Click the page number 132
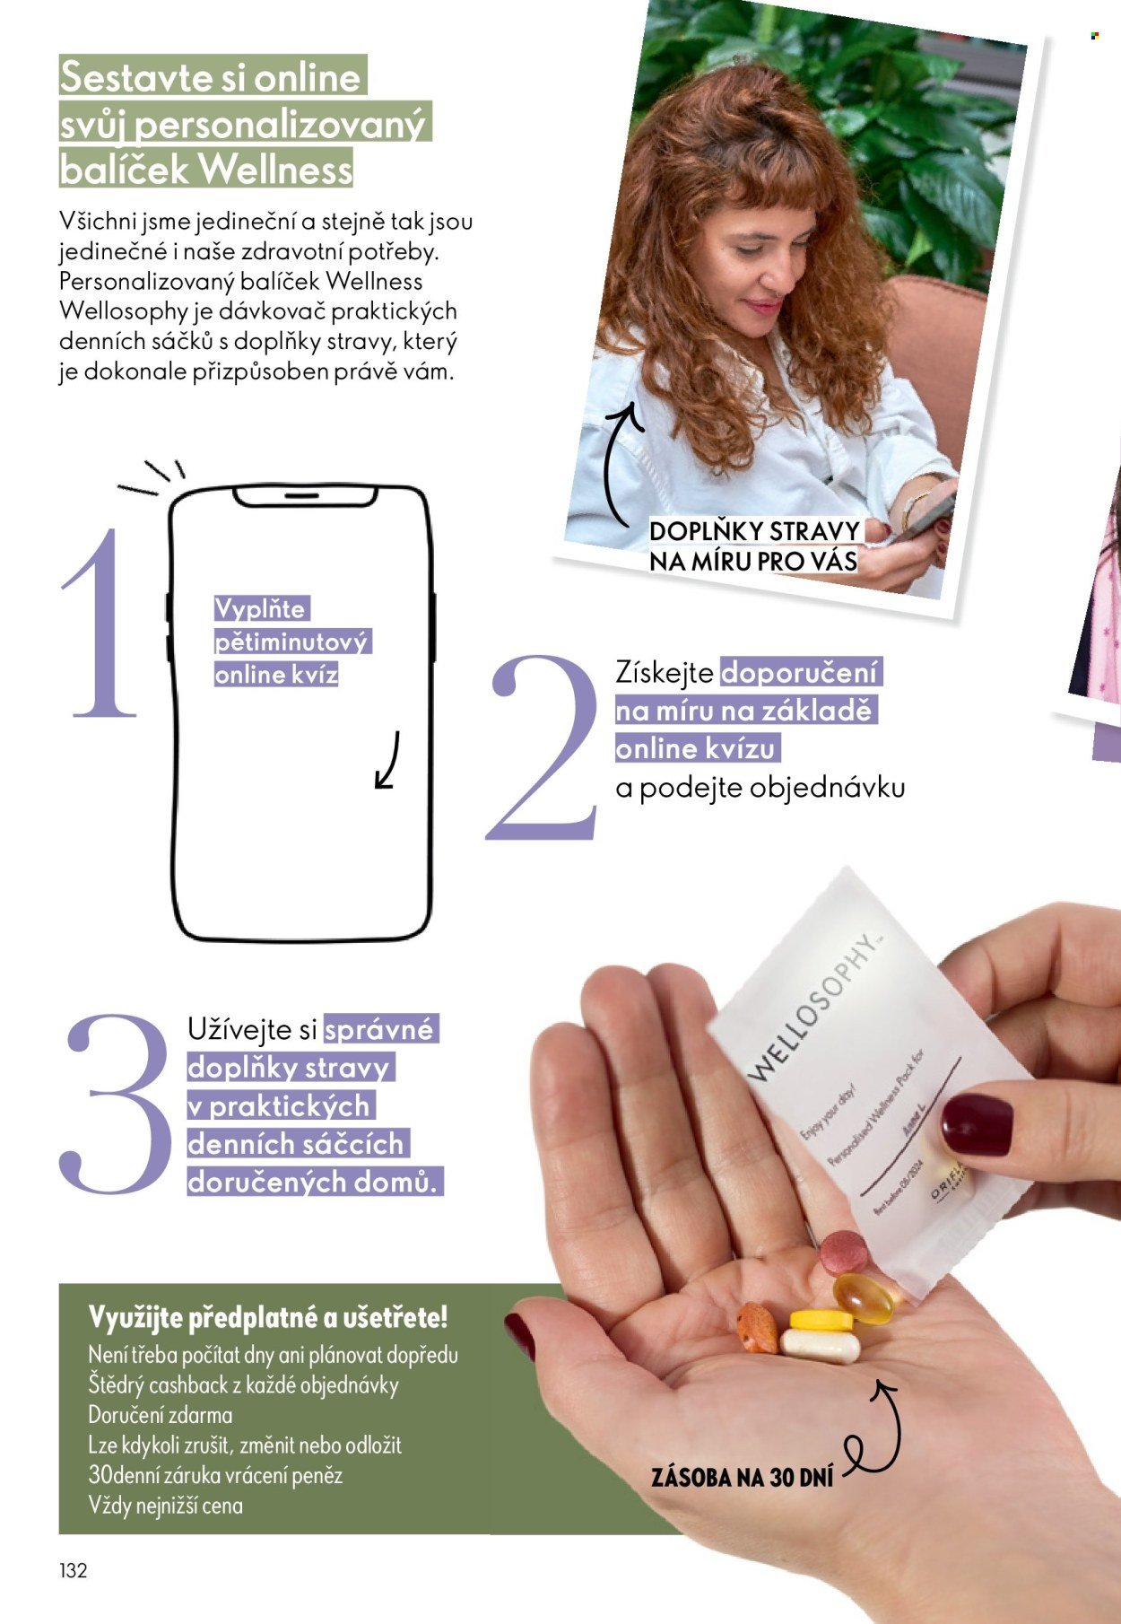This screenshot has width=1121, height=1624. point(74,1570)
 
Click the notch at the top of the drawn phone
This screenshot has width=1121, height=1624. point(303,495)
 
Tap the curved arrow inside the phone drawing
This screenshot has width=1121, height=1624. point(387,762)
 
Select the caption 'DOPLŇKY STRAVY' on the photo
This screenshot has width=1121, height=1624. point(754,531)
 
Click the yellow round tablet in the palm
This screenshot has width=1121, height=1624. point(821,1320)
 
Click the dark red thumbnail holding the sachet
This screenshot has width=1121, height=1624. point(976,1124)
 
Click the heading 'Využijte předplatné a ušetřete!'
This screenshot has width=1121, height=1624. point(267,1318)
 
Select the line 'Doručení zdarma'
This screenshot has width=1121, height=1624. point(161,1415)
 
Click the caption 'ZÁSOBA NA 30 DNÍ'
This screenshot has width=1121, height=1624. point(742,1477)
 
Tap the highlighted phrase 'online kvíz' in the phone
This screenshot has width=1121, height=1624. point(276,675)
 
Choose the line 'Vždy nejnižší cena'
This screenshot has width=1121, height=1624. point(166,1506)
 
